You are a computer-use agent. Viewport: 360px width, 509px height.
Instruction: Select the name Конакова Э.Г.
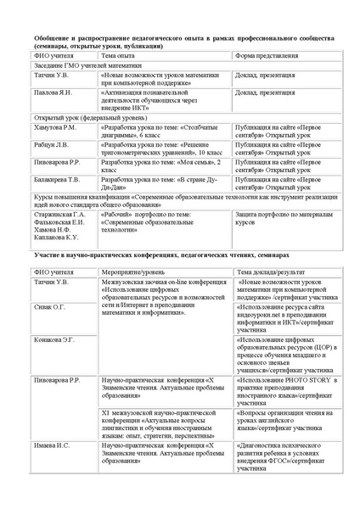pos(54,339)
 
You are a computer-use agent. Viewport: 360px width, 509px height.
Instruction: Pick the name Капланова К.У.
pos(56,238)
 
